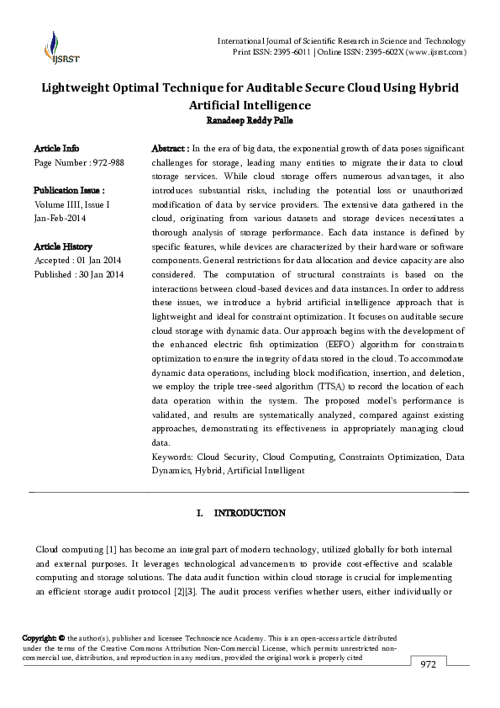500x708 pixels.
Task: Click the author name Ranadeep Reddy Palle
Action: tap(250, 119)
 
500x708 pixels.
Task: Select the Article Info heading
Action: tap(56, 148)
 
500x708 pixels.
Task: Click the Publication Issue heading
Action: tap(69, 191)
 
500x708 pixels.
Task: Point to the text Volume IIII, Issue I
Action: tap(71, 204)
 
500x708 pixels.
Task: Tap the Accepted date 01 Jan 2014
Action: tap(97, 261)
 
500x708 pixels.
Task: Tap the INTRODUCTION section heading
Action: tap(250, 513)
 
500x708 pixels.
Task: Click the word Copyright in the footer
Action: tap(39, 639)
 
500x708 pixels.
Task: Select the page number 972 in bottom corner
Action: tap(429, 664)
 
